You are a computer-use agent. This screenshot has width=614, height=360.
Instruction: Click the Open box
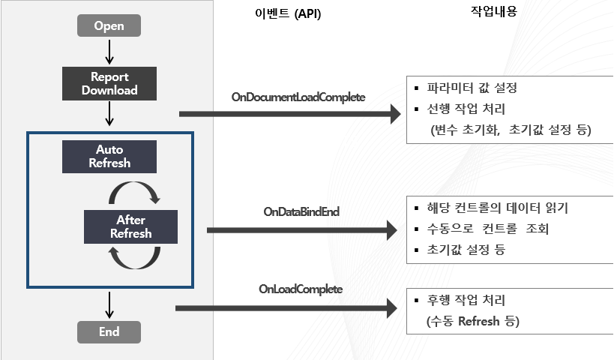[x=109, y=25]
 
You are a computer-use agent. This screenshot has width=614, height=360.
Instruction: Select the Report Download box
[x=109, y=83]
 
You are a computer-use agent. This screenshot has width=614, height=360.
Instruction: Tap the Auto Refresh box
[x=109, y=156]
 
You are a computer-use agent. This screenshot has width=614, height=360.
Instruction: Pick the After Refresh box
[x=130, y=226]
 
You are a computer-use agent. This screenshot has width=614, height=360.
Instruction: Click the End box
[x=109, y=332]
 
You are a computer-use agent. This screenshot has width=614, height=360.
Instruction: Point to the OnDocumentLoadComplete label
[x=298, y=97]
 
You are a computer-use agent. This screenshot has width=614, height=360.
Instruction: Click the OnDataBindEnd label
[x=301, y=212]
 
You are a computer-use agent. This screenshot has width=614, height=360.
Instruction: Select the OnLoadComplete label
[x=301, y=289]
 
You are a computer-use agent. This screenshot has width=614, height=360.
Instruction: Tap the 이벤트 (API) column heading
[x=288, y=13]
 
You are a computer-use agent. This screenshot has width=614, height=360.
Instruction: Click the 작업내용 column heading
[x=494, y=11]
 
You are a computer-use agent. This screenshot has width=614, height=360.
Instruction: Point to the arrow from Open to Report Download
[x=109, y=52]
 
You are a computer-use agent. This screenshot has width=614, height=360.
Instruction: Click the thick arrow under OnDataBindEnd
[x=302, y=230]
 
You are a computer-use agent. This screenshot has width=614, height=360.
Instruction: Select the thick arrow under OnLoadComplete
[x=286, y=308]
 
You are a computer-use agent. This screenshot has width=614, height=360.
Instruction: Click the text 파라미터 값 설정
[x=472, y=88]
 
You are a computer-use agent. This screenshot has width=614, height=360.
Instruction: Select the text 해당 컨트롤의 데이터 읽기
[x=497, y=208]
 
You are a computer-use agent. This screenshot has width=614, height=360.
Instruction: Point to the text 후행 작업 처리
[x=466, y=301]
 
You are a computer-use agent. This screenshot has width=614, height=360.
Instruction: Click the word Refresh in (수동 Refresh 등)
[x=479, y=321]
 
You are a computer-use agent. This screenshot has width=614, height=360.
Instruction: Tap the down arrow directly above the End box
[x=109, y=305]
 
